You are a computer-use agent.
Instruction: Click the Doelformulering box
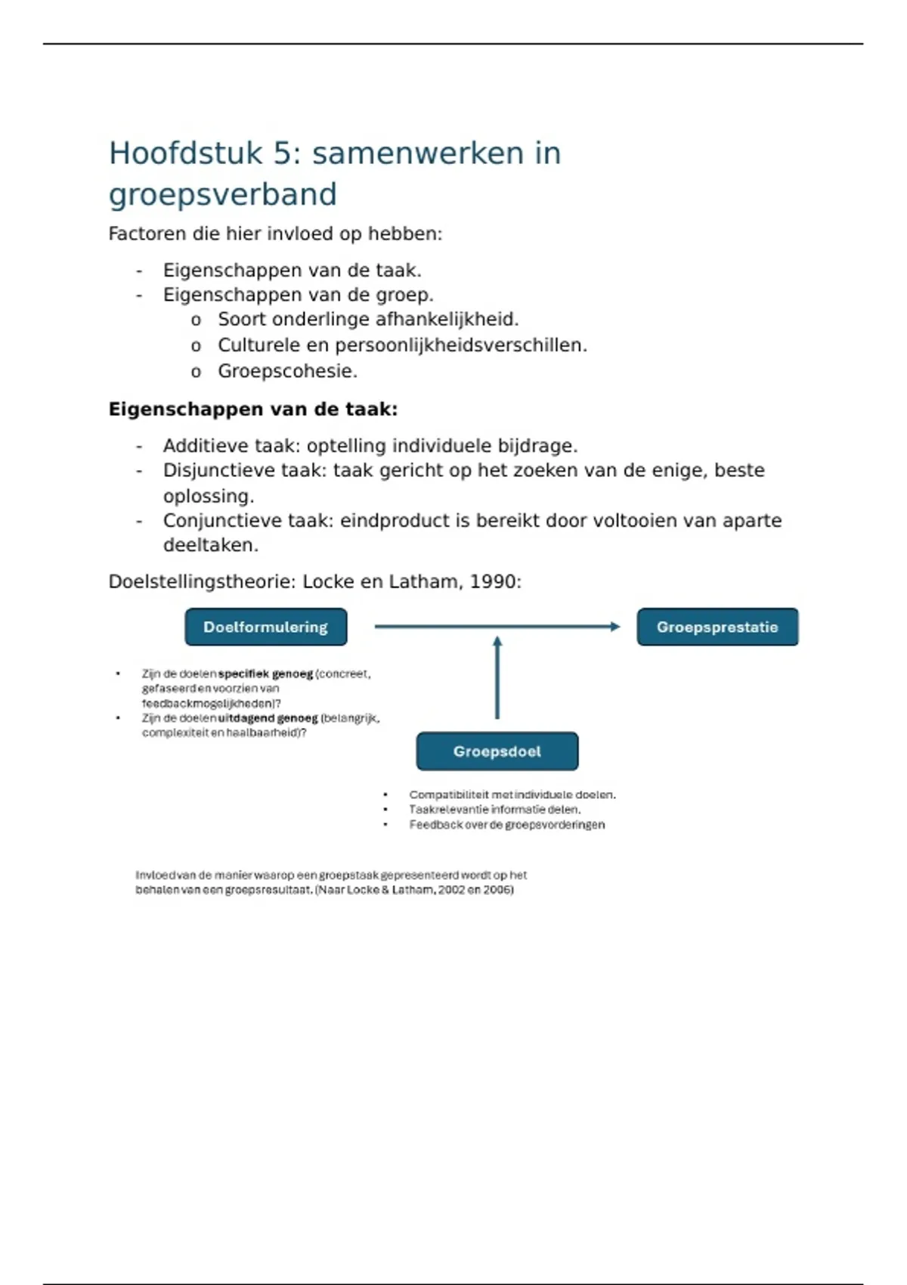[265, 627]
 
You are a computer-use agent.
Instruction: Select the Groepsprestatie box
[717, 627]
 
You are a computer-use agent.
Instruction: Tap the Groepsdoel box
[497, 751]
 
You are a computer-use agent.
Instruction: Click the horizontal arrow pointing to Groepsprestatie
[497, 626]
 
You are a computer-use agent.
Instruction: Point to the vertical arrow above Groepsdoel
[497, 677]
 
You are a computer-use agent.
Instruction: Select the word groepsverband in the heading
[222, 194]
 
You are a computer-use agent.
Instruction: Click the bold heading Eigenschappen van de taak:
[252, 409]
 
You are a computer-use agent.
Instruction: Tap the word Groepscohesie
[287, 371]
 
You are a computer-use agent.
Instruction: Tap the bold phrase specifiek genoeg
[265, 673]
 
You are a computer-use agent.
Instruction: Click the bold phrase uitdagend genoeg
[268, 718]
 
